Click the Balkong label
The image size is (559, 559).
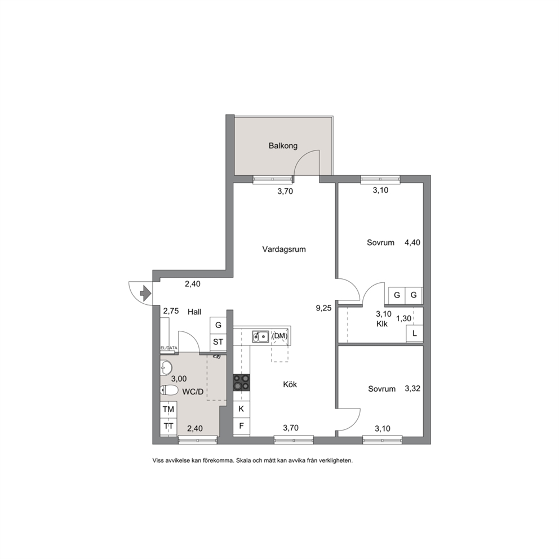[283, 145]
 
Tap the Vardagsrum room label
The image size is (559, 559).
[284, 249]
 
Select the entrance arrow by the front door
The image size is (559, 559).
[145, 294]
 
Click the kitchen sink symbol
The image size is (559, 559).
[260, 336]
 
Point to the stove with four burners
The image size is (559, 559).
[241, 382]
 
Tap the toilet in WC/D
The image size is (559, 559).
[169, 391]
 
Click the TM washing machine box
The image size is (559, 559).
[168, 409]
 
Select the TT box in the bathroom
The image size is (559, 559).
[168, 427]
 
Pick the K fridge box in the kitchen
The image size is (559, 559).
[241, 409]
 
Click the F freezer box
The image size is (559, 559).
[241, 426]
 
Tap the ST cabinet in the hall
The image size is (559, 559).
[218, 342]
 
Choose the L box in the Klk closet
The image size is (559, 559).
[415, 334]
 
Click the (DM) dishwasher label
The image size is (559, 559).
[279, 336]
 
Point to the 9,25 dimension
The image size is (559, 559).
[323, 308]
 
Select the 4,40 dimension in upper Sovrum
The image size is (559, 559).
[412, 242]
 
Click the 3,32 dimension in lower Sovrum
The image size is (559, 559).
[412, 389]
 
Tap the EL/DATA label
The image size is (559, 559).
[169, 348]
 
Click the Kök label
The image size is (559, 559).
[290, 384]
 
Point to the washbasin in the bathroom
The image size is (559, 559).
[166, 367]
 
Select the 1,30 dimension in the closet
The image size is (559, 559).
[403, 318]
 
